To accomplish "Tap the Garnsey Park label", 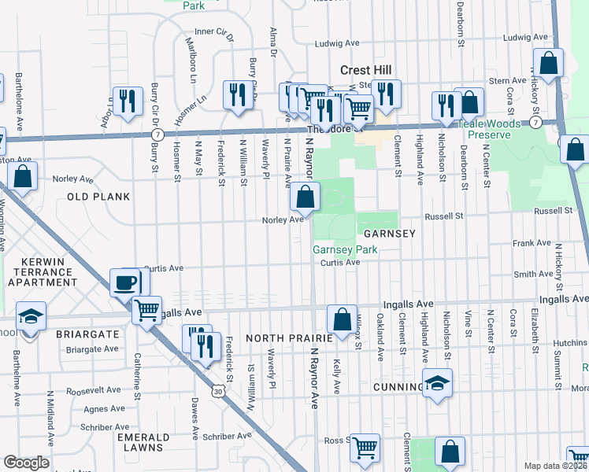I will (345, 250).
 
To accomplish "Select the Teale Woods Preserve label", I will (482, 130).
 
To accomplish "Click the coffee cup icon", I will (125, 282).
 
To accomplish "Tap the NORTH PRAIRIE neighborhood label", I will (284, 337).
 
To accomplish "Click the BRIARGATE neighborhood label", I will (87, 334).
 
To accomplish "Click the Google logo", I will (26, 463).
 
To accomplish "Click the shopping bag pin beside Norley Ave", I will (305, 197).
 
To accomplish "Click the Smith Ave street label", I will (533, 274).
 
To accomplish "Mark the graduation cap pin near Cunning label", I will (436, 384).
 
